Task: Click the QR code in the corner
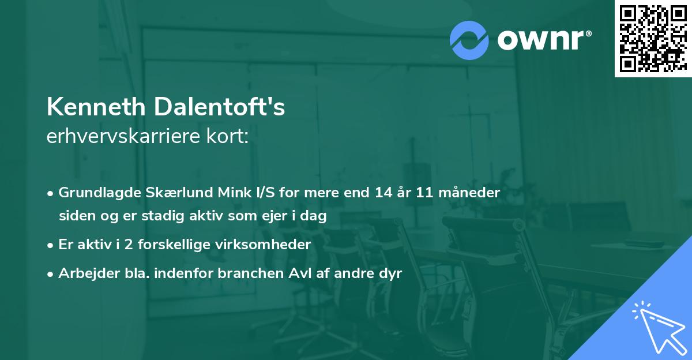[653, 38]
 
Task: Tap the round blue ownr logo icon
[469, 40]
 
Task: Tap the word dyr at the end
[390, 274]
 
